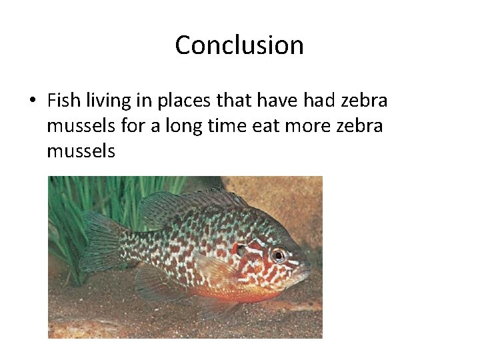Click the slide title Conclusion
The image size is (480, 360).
(x=239, y=45)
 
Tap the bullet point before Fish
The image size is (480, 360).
(x=31, y=101)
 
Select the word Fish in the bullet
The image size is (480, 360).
(x=64, y=101)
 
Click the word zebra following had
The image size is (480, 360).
(x=365, y=101)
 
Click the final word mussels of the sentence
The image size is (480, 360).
(x=81, y=151)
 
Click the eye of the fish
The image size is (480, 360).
(x=278, y=255)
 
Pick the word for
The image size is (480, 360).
(x=133, y=126)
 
